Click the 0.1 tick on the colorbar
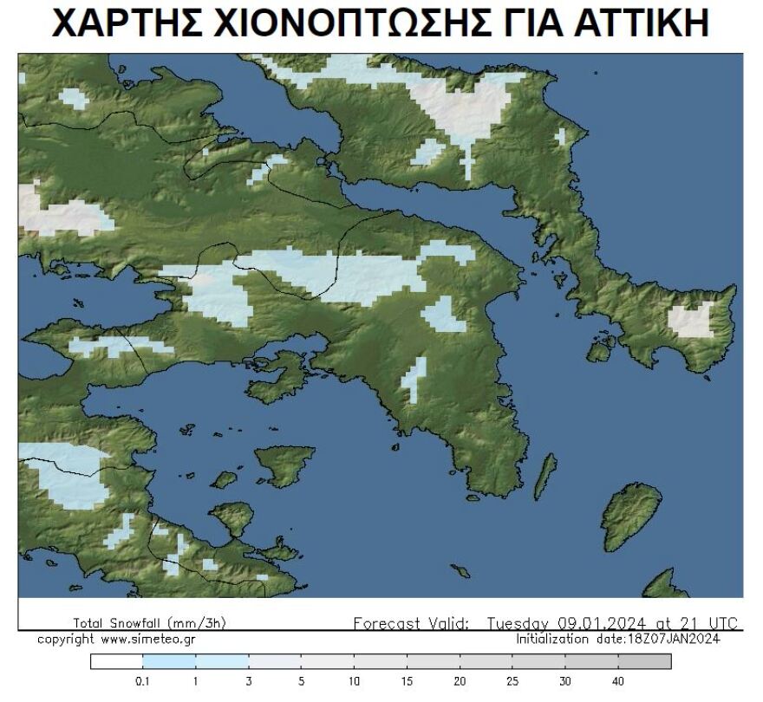coord(142,681)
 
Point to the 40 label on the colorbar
coord(618,681)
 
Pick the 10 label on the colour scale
coord(354,681)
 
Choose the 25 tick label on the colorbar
coord(512,681)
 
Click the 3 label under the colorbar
coord(248,681)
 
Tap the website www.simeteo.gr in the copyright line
coord(147,640)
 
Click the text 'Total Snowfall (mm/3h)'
coord(150,623)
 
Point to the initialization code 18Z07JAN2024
coord(673,640)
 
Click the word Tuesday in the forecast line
coord(518,623)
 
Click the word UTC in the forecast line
coord(721,623)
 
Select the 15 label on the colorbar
coord(407,681)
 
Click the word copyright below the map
coord(66,640)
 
